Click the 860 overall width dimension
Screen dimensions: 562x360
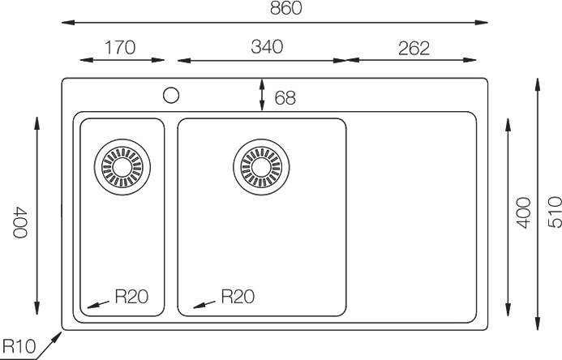pyautogui.click(x=286, y=8)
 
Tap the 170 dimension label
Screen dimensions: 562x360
pyautogui.click(x=120, y=48)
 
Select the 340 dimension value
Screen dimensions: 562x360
pyautogui.click(x=267, y=47)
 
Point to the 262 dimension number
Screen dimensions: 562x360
pyautogui.click(x=414, y=49)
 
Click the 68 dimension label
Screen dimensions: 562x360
pyautogui.click(x=285, y=98)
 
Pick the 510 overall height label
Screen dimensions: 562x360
pyautogui.click(x=555, y=212)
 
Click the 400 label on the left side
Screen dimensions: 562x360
pyautogui.click(x=20, y=222)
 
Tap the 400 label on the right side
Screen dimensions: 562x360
pyautogui.click(x=523, y=212)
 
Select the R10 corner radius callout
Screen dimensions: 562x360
pyautogui.click(x=19, y=346)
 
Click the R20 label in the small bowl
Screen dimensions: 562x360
pyautogui.click(x=131, y=297)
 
